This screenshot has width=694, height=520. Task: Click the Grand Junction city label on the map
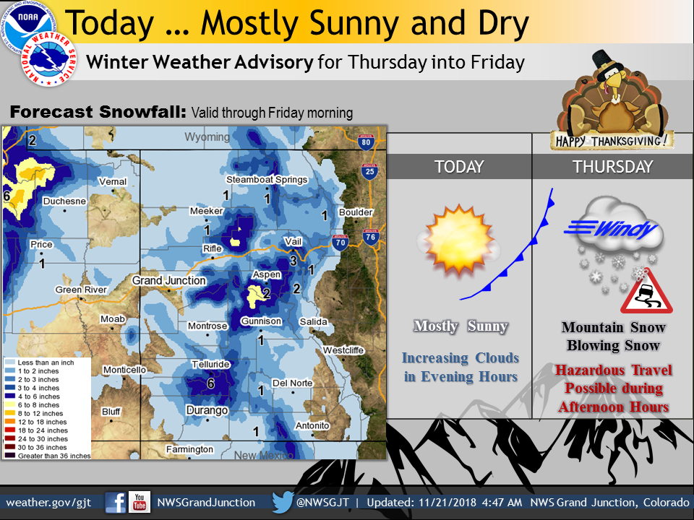point(169,280)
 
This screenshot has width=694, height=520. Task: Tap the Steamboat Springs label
point(267,180)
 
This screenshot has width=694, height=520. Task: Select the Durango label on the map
point(207,410)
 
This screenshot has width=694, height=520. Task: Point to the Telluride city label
point(210,364)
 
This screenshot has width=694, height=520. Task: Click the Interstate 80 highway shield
point(366,142)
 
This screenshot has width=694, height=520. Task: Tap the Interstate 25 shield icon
point(369,171)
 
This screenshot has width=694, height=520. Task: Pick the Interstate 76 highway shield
point(370,237)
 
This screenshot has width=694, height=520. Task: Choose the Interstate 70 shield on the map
point(340,243)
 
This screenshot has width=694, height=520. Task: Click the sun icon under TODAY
point(459,240)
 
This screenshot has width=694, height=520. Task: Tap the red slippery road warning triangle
point(646,293)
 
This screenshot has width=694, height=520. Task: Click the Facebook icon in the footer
point(115,503)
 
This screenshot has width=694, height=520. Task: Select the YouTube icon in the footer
point(140,503)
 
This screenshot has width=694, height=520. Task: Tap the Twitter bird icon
point(283,503)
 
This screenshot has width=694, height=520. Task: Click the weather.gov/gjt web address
point(48,503)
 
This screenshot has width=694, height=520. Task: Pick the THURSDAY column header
point(612,167)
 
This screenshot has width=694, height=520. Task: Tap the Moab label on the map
point(113,318)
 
